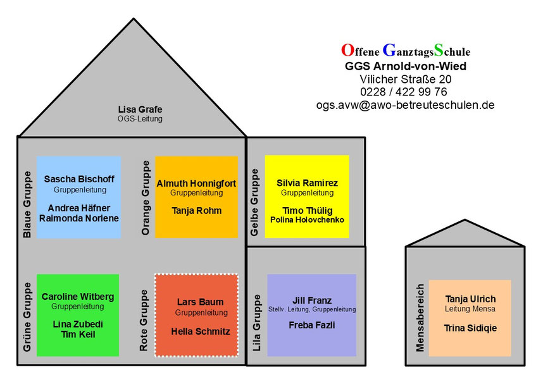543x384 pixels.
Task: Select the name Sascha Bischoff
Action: coord(79,179)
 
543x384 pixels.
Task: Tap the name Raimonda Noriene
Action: coord(79,218)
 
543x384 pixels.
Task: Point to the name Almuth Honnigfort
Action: coord(196,183)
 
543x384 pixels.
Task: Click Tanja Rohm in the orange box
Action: coord(196,211)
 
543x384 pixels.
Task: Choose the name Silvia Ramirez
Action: coord(307,183)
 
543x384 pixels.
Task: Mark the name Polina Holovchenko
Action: coord(307,220)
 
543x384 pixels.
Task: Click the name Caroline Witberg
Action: coord(78,297)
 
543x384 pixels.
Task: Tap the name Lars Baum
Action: coord(201,302)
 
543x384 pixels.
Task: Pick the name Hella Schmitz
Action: coord(201,331)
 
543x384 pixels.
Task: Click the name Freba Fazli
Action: coord(311,326)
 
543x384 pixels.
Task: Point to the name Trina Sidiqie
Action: coord(470,328)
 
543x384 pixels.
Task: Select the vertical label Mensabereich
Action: coord(420,317)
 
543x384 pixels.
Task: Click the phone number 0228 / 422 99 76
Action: coord(405,92)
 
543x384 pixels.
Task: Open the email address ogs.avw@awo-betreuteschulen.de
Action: coord(405,106)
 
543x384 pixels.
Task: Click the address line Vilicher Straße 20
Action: coord(405,79)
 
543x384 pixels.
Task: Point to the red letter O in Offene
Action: coord(346,50)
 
